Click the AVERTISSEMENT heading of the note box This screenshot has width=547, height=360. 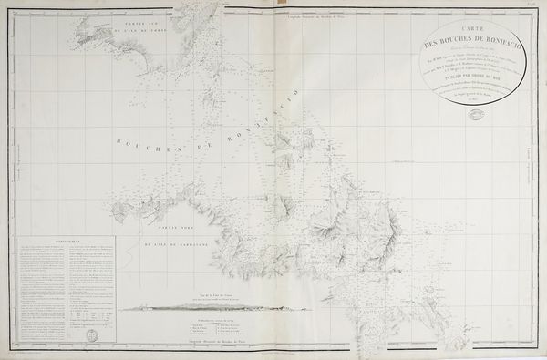click(x=64, y=243)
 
